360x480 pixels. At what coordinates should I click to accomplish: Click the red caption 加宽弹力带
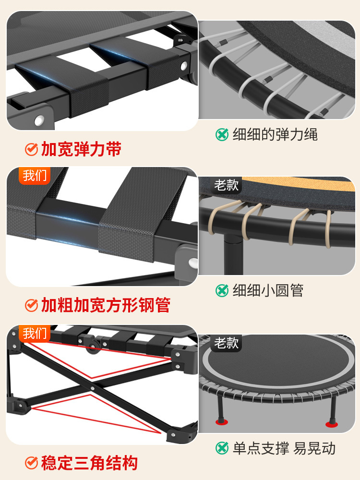[81, 149]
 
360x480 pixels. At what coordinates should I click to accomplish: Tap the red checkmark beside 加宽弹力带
[31, 150]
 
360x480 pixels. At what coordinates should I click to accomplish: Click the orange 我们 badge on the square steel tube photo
[35, 175]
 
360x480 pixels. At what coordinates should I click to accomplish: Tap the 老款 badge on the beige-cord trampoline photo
[227, 185]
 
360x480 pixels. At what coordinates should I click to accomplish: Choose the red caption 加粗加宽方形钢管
[106, 305]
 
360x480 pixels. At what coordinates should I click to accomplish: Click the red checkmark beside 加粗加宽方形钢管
[31, 305]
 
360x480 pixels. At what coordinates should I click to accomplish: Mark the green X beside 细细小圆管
[222, 290]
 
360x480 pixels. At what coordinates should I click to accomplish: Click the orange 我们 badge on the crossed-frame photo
[35, 333]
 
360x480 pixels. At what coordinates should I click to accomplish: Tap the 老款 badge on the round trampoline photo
[227, 343]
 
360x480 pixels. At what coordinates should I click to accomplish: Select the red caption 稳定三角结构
[89, 463]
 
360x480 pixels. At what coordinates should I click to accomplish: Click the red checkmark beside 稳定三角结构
[31, 463]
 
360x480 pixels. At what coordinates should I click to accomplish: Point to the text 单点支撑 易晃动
[284, 448]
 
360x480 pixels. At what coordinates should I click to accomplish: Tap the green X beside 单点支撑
[222, 448]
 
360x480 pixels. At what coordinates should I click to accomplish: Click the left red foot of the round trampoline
[222, 422]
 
